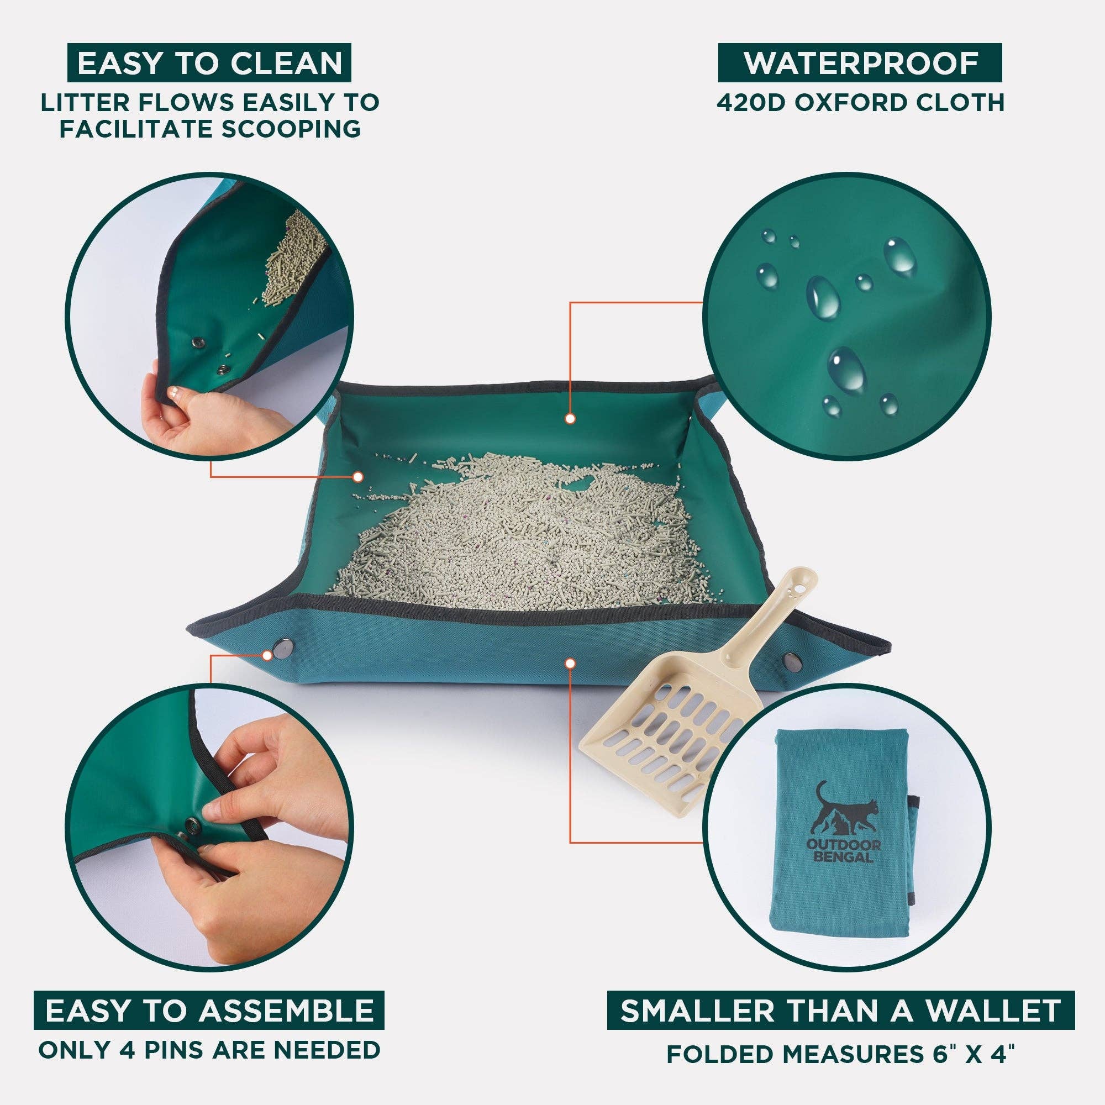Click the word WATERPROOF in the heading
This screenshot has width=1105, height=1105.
(861, 63)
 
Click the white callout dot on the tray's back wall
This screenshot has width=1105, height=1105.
(570, 419)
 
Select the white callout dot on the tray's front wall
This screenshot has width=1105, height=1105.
(570, 663)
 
